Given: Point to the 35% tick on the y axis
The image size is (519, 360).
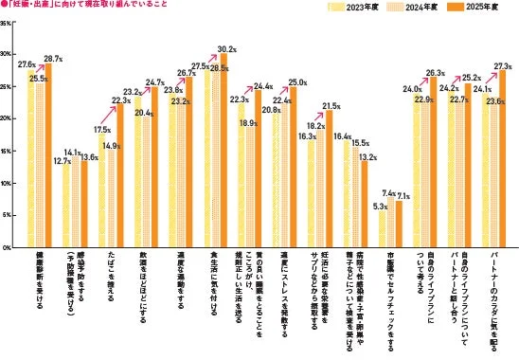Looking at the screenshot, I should (7, 22).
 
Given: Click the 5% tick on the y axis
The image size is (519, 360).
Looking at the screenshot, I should (8, 215).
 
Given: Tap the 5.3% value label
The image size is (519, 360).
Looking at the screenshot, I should (379, 207).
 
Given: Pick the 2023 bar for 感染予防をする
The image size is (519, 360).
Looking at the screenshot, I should (66, 207).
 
